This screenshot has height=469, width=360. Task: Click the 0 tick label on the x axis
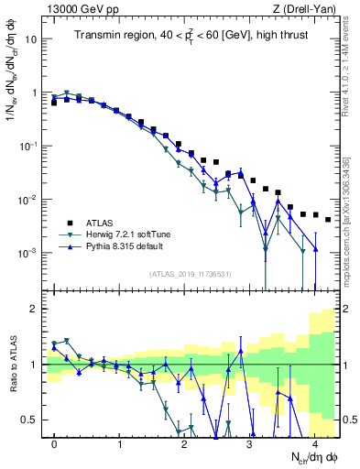coord(54,442)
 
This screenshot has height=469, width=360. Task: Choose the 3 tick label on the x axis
coord(249,442)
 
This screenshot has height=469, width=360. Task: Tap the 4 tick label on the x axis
coord(314,442)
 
